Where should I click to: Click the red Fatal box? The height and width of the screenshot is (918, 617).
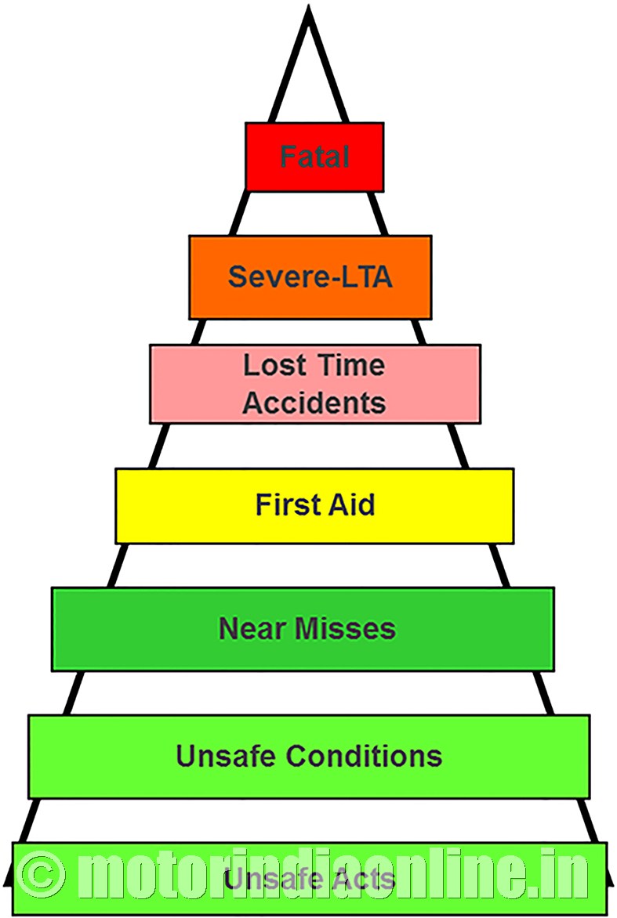coord(314,157)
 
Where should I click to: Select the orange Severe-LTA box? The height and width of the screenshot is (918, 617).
coord(310,277)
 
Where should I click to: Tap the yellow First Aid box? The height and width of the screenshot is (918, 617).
coord(314,506)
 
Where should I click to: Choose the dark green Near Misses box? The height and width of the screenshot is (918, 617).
coord(303,629)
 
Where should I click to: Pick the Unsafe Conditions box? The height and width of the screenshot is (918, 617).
coord(310,756)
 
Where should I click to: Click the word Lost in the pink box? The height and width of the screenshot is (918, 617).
coord(274,365)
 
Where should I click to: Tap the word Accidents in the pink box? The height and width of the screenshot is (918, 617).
coord(314,403)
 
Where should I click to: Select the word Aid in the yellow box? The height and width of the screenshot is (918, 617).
coord(351,504)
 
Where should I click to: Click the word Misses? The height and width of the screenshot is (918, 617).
coord(344,628)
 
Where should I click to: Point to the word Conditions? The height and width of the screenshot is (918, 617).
coord(364,756)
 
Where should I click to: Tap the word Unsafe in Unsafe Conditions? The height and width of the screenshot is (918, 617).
coord(226,756)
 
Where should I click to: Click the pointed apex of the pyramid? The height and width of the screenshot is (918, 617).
coord(309,7)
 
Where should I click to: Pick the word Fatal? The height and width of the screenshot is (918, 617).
coord(314,157)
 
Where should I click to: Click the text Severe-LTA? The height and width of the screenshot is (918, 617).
coord(310,276)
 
